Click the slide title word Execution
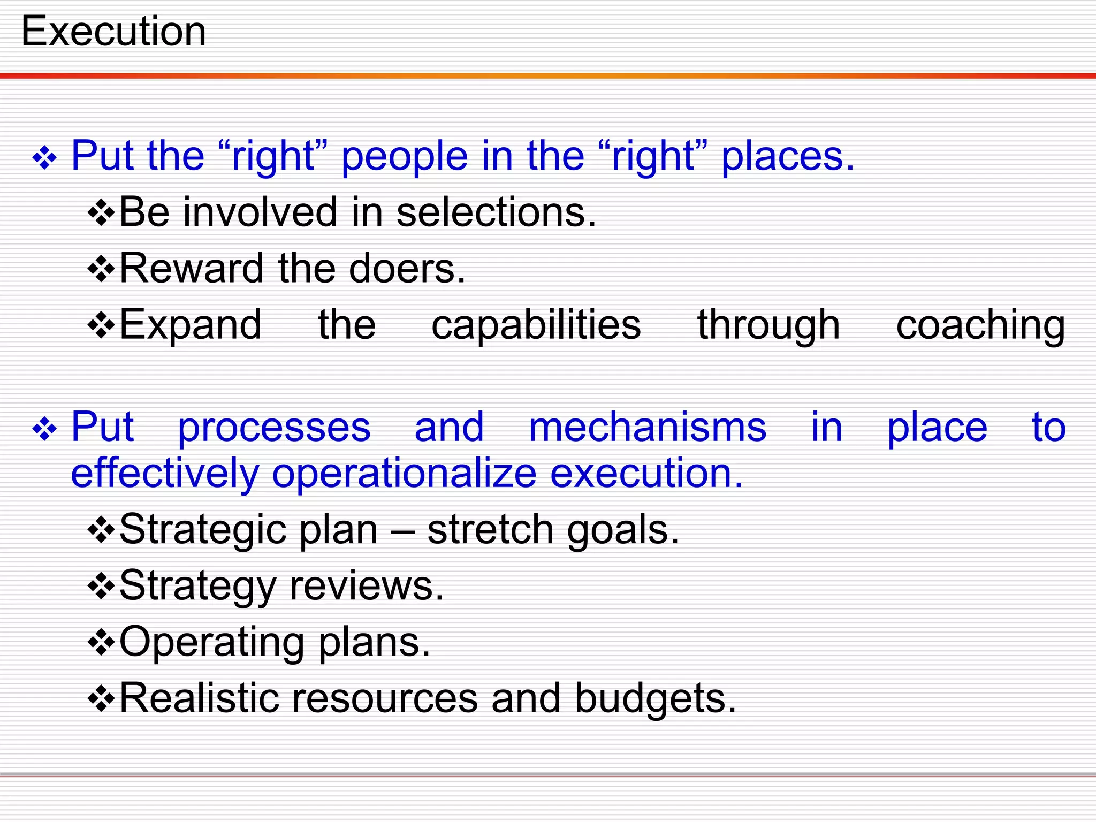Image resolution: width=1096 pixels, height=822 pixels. point(113,32)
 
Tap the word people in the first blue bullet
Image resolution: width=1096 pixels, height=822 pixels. point(405,157)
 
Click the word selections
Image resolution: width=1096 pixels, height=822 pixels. point(496,212)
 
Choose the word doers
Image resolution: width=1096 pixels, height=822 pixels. point(407,268)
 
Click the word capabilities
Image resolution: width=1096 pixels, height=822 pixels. point(536,325)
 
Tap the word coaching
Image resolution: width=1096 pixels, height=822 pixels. point(980,326)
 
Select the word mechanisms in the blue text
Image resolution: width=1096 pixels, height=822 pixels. point(648,428)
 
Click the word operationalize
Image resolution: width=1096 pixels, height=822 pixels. point(404,474)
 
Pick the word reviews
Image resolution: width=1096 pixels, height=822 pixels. point(367,586)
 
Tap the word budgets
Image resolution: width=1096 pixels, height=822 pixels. point(655,698)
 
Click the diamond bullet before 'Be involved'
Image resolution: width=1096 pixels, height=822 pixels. point(101,214)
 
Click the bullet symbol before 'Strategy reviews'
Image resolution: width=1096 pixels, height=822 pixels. point(101,587)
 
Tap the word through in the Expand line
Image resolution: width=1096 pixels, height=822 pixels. point(768,326)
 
